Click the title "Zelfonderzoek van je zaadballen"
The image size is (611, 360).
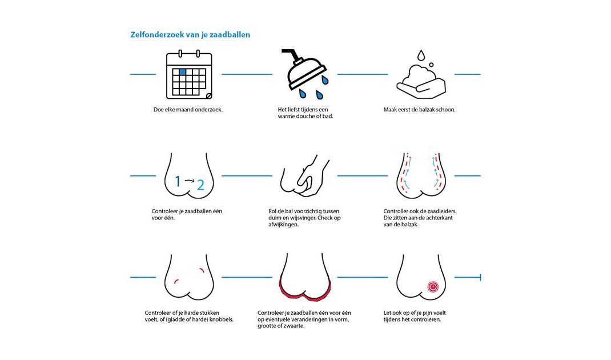click(x=190, y=35)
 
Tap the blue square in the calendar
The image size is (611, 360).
click(x=182, y=72)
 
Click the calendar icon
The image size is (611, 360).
click(x=190, y=74)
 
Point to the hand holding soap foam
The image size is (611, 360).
click(x=421, y=85)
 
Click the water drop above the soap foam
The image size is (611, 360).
click(x=421, y=55)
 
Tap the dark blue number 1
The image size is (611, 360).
click(x=178, y=181)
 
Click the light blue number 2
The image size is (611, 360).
click(x=200, y=185)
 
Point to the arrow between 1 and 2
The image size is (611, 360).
click(x=190, y=180)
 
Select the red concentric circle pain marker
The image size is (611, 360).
click(x=433, y=287)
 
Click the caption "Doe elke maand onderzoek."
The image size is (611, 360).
click(x=188, y=110)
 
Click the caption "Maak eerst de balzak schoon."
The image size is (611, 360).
click(x=419, y=110)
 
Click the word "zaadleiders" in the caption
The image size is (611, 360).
click(x=441, y=211)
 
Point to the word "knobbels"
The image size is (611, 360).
click(x=221, y=319)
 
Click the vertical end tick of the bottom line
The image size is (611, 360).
click(x=480, y=277)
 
